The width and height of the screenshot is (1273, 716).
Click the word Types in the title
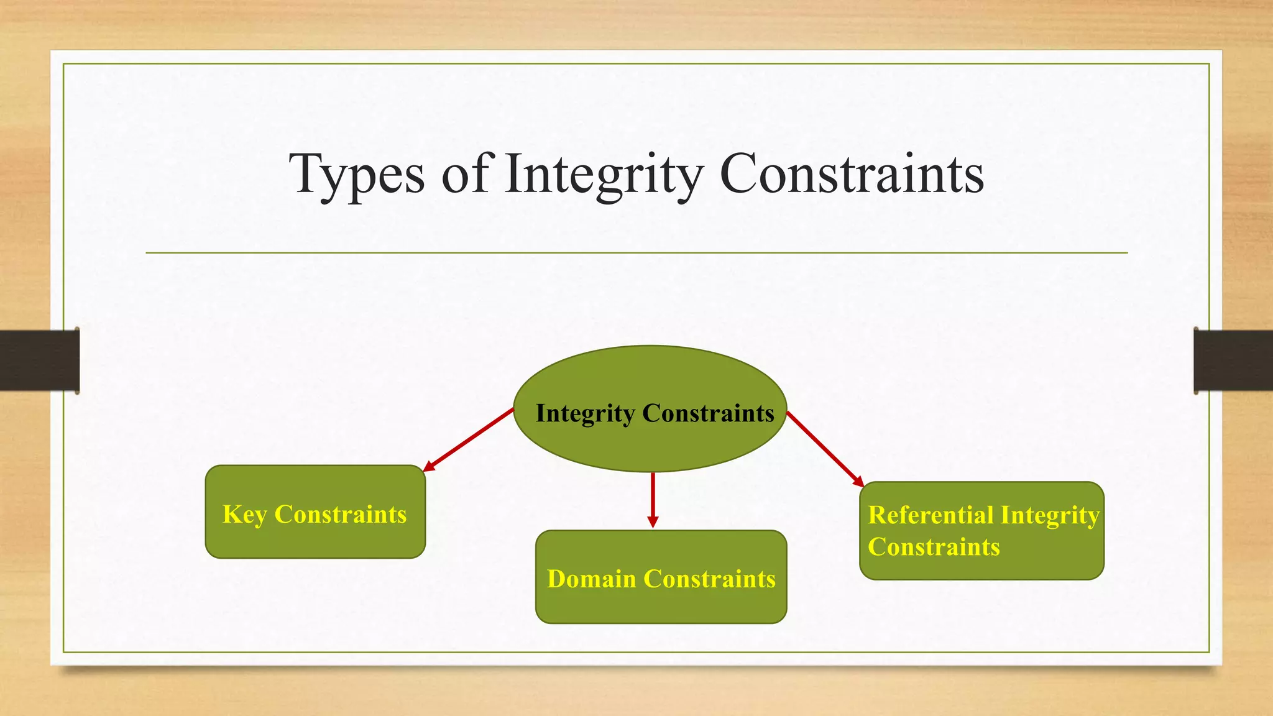pos(357,175)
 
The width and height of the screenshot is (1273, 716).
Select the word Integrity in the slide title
pos(603,175)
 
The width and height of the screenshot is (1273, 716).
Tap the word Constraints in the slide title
pos(851,175)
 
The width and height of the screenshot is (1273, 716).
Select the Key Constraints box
pos(315,541)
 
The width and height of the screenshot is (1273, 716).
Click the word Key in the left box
pos(244,515)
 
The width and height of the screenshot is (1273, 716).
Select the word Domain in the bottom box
pos(591,579)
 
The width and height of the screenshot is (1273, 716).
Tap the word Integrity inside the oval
pos(585,414)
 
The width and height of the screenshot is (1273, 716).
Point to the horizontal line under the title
pos(636,253)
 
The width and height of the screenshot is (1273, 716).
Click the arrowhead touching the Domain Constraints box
pos(653,521)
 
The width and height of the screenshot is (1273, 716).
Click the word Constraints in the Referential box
pos(934,548)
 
